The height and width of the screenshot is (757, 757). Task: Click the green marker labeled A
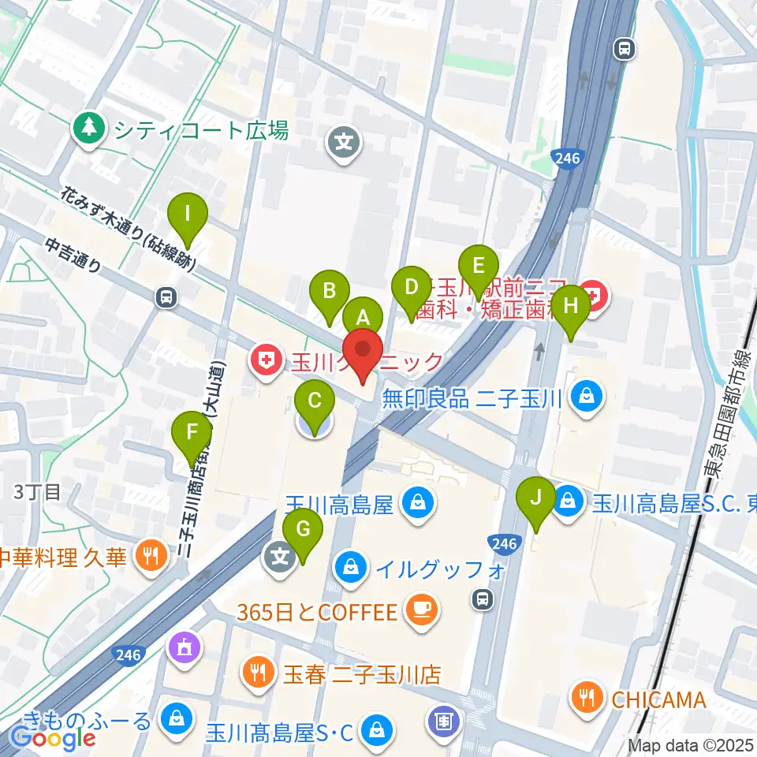pyautogui.click(x=363, y=319)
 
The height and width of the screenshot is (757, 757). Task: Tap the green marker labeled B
pyautogui.click(x=329, y=290)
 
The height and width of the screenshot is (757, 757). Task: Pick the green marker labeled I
pyautogui.click(x=188, y=214)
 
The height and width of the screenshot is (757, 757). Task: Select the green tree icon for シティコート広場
pyautogui.click(x=90, y=129)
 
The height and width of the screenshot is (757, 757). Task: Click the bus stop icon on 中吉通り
pyautogui.click(x=166, y=296)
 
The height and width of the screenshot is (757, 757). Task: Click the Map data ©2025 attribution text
pyautogui.click(x=691, y=744)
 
